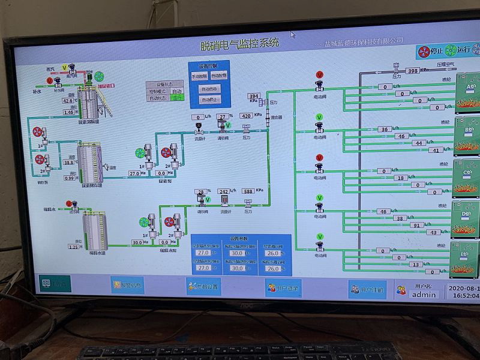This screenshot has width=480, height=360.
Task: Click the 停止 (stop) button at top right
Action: tap(431, 51)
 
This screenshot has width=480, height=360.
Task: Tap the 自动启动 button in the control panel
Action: tap(210, 89)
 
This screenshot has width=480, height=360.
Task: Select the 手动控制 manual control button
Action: tap(199, 76)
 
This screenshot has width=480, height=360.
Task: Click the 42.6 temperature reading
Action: tap(68, 101)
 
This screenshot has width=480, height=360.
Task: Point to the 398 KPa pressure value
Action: tap(412, 71)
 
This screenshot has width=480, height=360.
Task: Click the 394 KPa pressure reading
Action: tap(254, 96)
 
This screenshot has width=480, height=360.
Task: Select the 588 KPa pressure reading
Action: tap(247, 191)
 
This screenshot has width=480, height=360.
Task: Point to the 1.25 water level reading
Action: tap(73, 247)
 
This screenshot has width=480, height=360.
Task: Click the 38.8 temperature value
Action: tap(69, 162)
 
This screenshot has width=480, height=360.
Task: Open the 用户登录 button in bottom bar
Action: tap(283, 289)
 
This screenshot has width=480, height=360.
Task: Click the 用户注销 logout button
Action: tap(366, 290)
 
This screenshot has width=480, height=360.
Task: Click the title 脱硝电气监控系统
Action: tap(239, 44)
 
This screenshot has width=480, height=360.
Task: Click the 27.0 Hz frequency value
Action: tap(134, 173)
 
